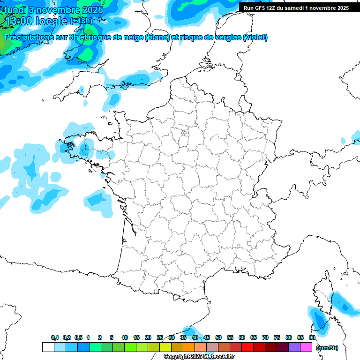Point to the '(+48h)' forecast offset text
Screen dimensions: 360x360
click(81, 21)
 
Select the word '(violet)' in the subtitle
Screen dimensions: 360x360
click(255, 37)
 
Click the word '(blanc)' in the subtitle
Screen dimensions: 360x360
click(157, 37)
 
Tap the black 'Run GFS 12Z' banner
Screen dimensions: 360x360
click(299, 7)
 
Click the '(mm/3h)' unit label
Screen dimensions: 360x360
click(327, 347)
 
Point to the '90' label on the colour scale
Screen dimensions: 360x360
click(312, 337)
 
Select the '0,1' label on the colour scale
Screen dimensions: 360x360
click(55, 337)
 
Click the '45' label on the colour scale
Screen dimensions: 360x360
click(207, 337)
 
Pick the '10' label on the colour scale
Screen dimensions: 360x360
click(125, 337)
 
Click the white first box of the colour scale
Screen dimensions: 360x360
click(48, 347)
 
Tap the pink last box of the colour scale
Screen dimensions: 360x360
click(306, 347)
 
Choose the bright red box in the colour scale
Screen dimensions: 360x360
click(247, 347)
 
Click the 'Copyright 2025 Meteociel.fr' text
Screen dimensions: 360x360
click(199, 357)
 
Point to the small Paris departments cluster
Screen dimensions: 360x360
click(185, 136)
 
